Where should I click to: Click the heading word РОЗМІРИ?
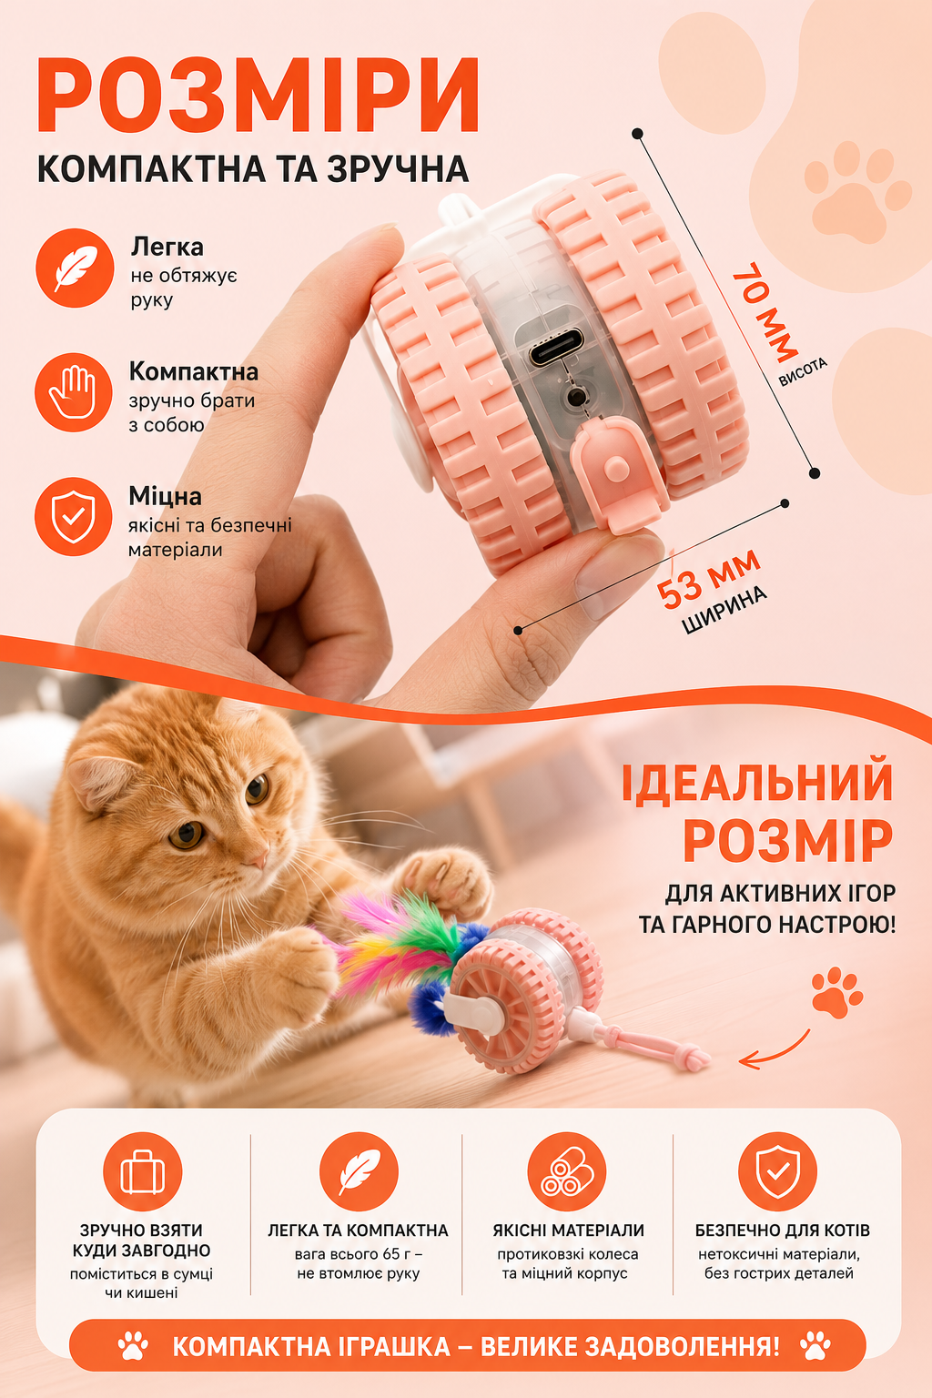(x=258, y=95)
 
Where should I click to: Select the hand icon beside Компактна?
(x=74, y=392)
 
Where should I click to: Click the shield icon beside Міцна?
(x=74, y=517)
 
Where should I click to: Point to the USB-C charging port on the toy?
(x=556, y=348)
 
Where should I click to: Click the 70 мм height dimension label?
(x=765, y=313)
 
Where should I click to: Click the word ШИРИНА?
(x=724, y=611)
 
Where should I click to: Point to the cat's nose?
(x=257, y=859)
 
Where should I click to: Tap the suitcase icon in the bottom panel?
(x=142, y=1171)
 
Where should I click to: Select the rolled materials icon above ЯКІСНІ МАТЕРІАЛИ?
(x=567, y=1171)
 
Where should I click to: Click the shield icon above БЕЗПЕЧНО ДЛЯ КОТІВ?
(x=777, y=1171)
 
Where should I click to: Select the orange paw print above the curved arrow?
(x=837, y=992)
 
